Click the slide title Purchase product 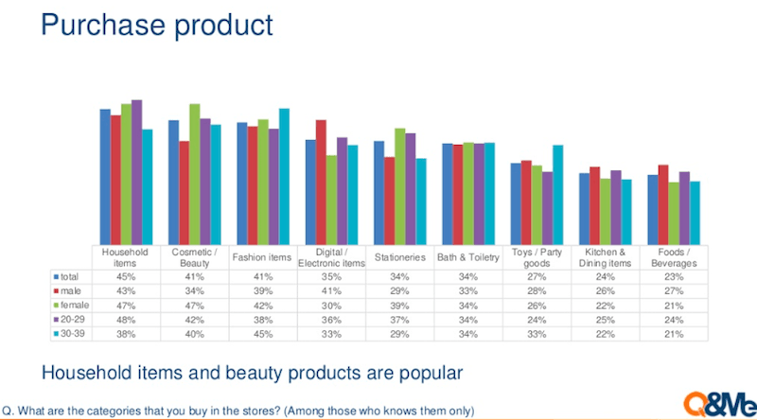[x=157, y=26]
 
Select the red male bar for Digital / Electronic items [x=321, y=182]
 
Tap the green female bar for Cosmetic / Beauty [x=195, y=174]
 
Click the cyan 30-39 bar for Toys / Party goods [x=557, y=195]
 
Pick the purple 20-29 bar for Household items [x=136, y=172]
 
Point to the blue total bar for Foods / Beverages [x=653, y=209]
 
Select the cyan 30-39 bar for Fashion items [x=285, y=176]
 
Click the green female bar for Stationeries [x=399, y=186]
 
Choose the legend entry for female [x=72, y=306]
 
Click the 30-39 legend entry [x=69, y=334]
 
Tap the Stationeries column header [x=399, y=257]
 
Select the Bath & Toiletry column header [x=468, y=257]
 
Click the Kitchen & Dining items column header [x=605, y=258]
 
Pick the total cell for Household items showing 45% [x=126, y=276]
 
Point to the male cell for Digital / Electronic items [x=331, y=291]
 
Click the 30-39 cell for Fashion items [x=263, y=334]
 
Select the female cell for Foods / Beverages [x=674, y=306]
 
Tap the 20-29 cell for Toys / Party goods [x=537, y=320]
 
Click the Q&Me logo [x=720, y=404]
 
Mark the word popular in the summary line [x=431, y=373]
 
